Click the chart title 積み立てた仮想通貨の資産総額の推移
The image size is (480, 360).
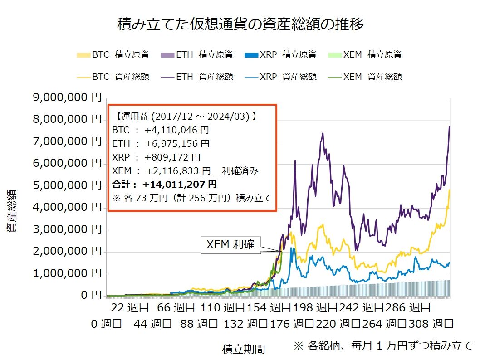pyautogui.click(x=240, y=24)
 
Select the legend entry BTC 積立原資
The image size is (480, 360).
pyautogui.click(x=113, y=55)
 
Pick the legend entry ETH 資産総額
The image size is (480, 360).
pyautogui.click(x=197, y=77)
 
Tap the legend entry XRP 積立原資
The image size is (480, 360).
pyautogui.click(x=281, y=55)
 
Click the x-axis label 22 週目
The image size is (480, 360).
pyautogui.click(x=130, y=308)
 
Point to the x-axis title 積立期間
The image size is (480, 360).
pyautogui.click(x=243, y=349)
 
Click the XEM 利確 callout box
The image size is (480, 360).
pyautogui.click(x=230, y=245)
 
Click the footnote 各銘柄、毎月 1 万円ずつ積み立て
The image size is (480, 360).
pyautogui.click(x=383, y=345)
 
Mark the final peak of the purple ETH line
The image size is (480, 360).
pyautogui.click(x=449, y=126)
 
